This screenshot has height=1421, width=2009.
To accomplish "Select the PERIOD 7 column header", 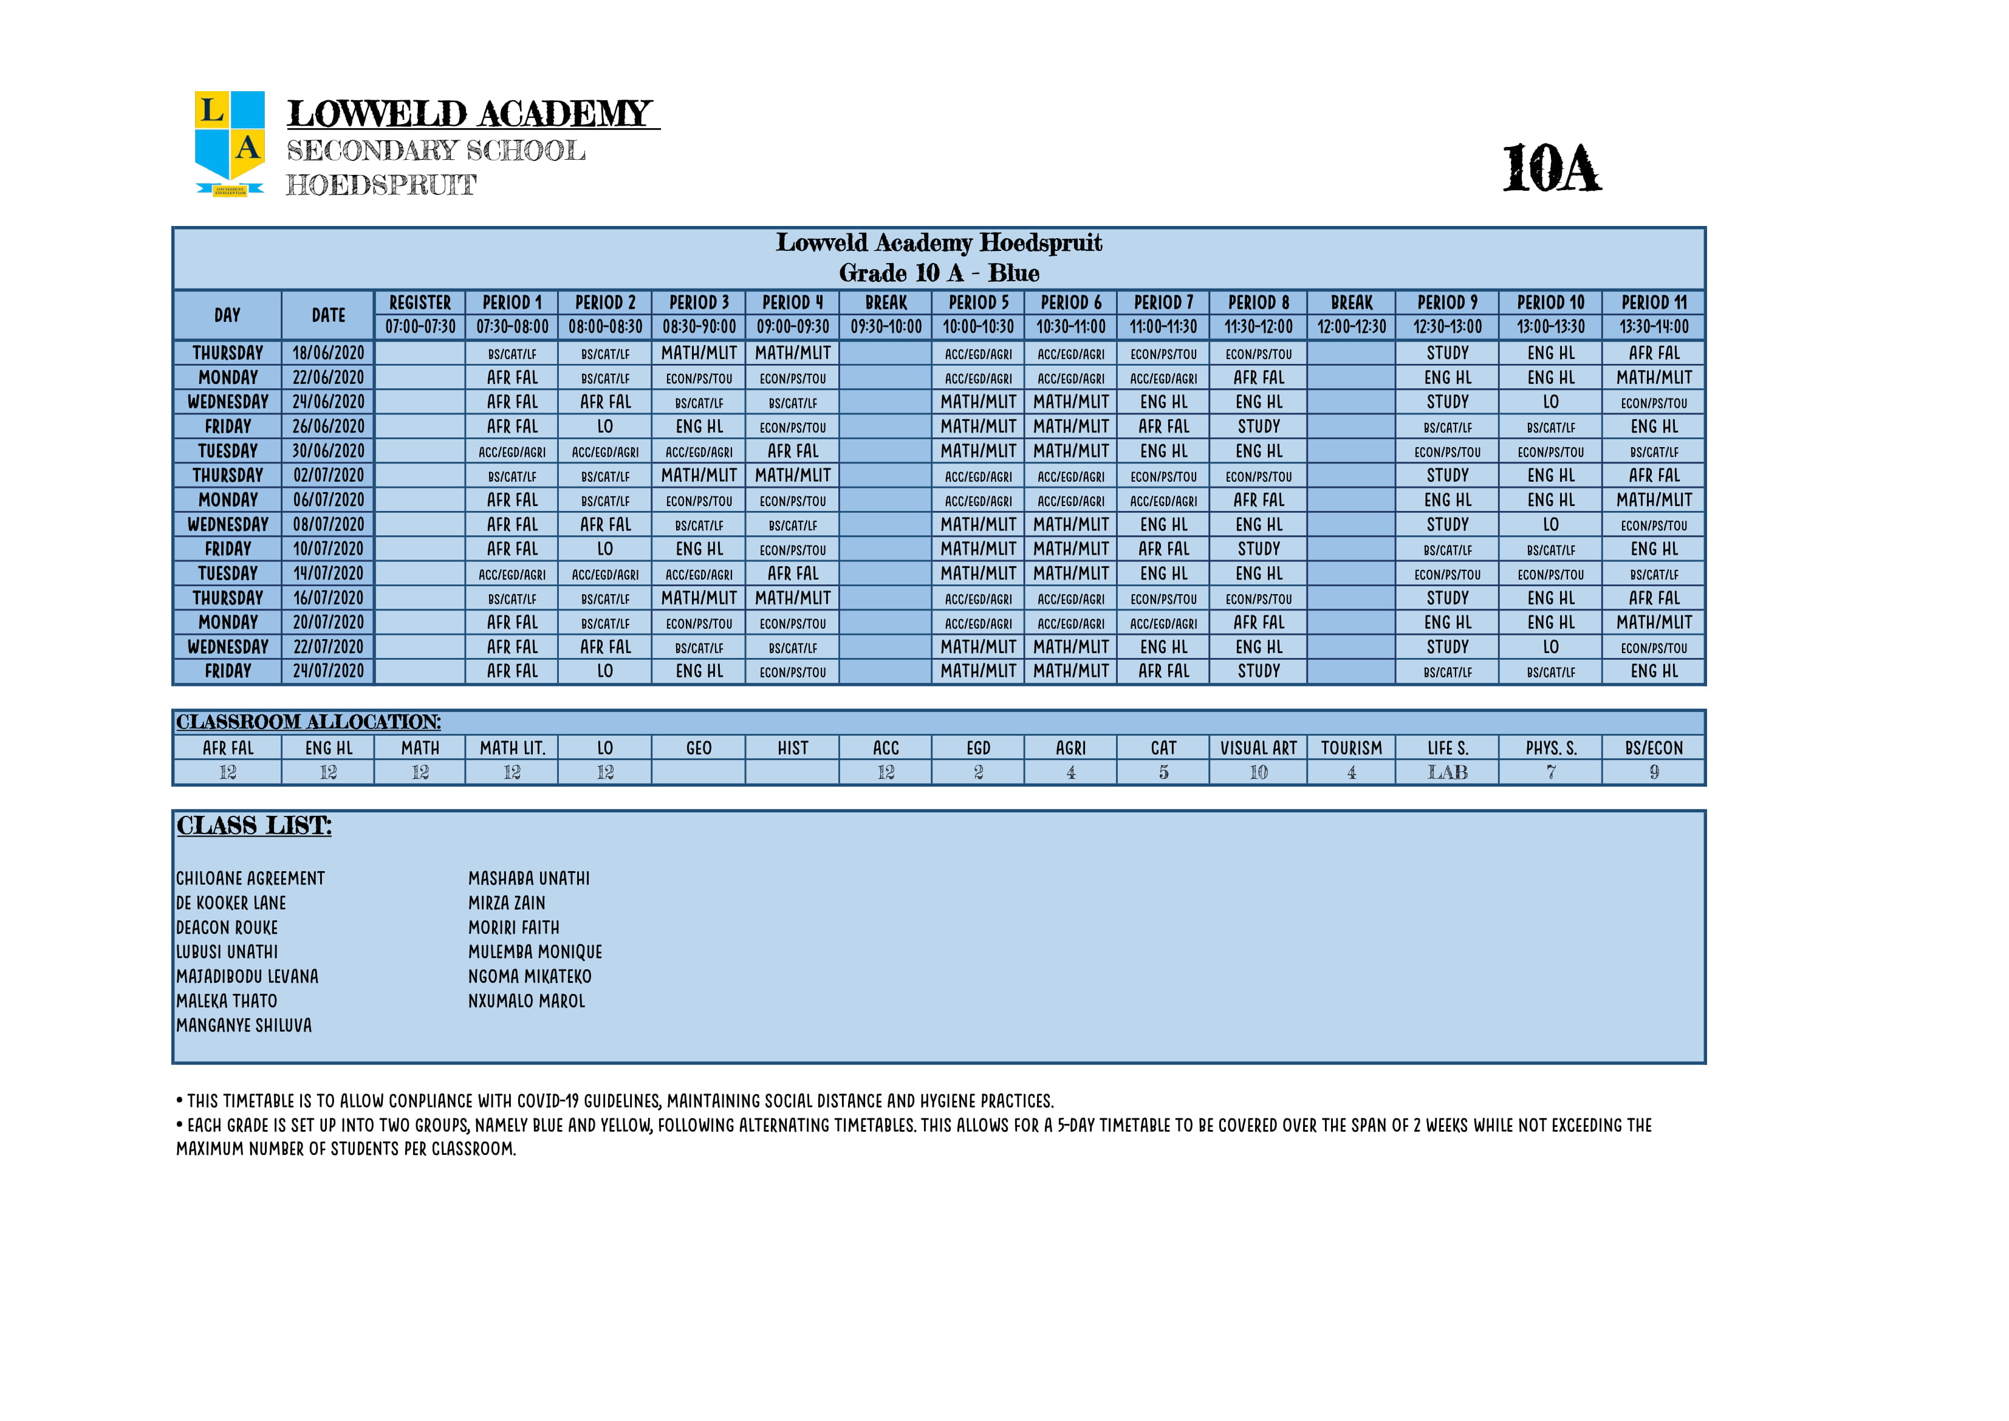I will point(1163,303).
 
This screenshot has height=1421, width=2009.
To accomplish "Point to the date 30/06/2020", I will point(328,451).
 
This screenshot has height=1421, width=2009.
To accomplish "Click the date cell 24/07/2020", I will point(328,671).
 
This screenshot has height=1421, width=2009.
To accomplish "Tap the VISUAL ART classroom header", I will point(1258,748).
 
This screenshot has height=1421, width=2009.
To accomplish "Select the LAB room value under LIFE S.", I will point(1447,773).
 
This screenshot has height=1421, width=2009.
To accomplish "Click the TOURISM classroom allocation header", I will point(1351,748).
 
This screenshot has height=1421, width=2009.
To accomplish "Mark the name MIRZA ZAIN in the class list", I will point(507,903).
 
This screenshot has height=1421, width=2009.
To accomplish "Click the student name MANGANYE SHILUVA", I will point(244,1026).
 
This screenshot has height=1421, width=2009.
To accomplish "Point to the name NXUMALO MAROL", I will point(527,1001).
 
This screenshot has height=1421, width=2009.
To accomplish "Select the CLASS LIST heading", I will point(254,826).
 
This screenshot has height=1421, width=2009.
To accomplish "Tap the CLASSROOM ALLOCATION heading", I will point(308,723).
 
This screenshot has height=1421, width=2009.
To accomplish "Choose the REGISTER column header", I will point(420,303).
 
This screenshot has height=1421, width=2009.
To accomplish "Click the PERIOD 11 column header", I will point(1654,303).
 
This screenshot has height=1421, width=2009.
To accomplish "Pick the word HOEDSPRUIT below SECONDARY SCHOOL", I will point(382,185).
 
